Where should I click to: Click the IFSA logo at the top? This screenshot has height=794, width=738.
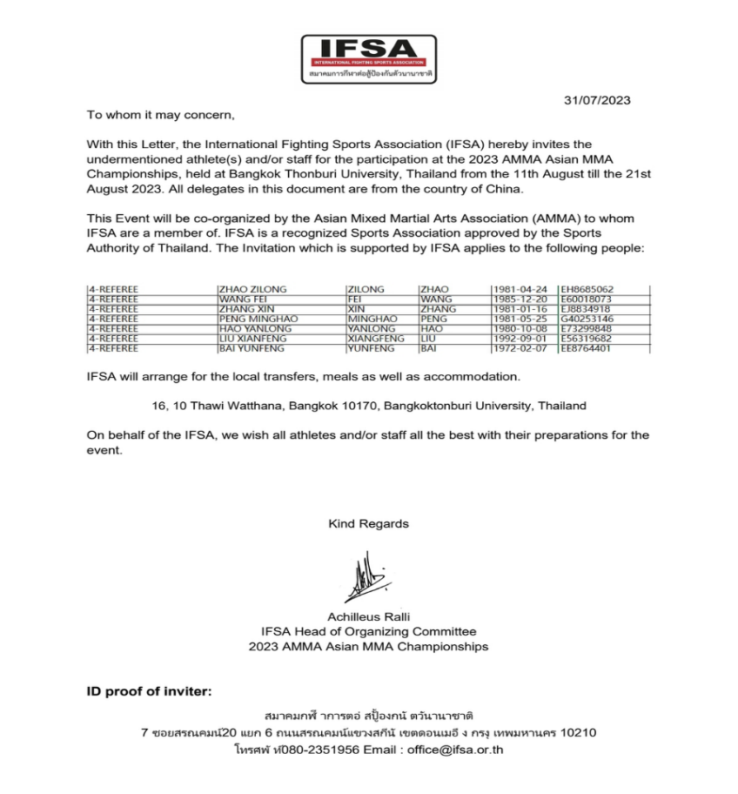click(368, 58)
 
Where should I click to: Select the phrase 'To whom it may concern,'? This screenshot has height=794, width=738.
click(161, 115)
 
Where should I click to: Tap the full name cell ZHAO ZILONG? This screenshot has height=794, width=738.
click(252, 289)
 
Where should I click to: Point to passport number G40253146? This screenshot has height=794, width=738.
click(587, 319)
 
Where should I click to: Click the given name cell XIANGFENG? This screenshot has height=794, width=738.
click(375, 339)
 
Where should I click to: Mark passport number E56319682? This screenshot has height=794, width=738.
click(587, 339)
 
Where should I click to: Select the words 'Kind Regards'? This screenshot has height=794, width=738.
click(368, 523)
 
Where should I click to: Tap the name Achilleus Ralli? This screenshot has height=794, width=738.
click(368, 616)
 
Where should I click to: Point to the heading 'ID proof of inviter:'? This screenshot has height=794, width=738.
click(149, 692)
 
